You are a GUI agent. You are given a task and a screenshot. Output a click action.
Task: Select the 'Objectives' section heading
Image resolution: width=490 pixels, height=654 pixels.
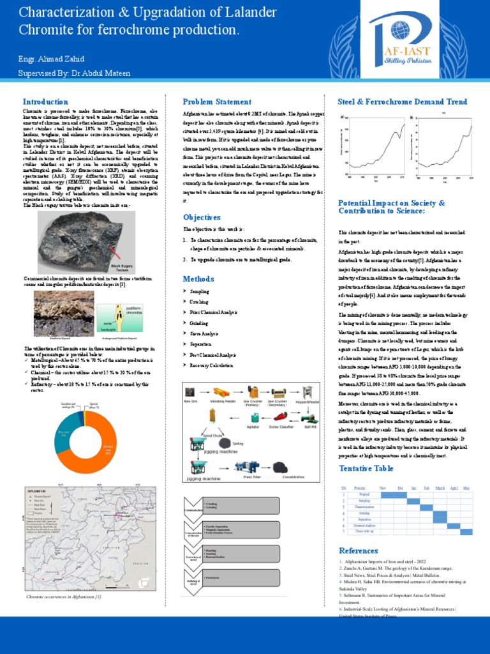(202, 217)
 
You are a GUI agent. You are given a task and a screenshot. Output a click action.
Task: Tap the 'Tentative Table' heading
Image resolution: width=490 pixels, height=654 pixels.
(366, 469)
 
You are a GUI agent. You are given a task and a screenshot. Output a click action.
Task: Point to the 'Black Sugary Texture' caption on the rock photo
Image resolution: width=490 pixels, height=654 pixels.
(125, 268)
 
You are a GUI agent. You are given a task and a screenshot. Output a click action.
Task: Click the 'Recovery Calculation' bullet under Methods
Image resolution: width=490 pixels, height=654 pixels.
(212, 365)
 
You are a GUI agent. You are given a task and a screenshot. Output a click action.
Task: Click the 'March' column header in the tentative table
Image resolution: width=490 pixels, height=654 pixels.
(440, 488)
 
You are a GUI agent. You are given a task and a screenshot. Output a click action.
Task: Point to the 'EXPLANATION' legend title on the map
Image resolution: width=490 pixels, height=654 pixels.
(37, 490)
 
